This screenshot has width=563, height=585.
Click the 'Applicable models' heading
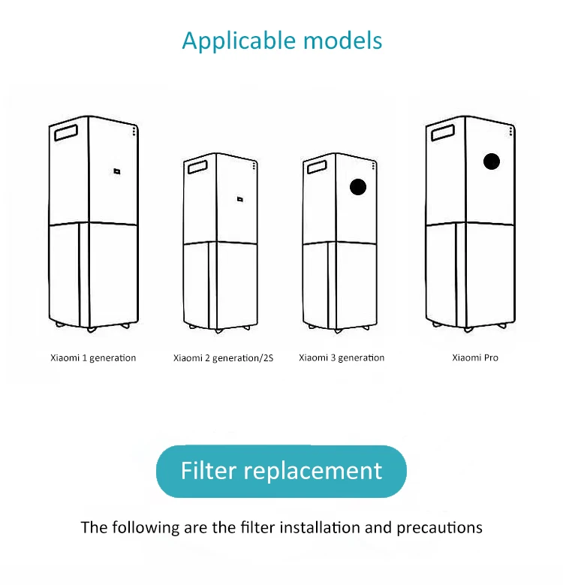point(281,40)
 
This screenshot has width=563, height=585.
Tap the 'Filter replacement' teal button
point(281,471)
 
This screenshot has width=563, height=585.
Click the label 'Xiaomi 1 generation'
point(92,357)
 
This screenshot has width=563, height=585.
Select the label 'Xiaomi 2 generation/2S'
point(223,358)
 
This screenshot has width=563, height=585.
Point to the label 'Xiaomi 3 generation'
point(342,357)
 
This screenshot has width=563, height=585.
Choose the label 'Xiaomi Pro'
point(475,357)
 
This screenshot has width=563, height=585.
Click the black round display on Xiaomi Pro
point(492,161)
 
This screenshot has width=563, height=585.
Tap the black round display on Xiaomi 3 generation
point(358,187)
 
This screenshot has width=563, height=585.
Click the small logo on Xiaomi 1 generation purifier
point(117,171)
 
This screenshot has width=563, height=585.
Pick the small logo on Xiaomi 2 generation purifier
point(239,199)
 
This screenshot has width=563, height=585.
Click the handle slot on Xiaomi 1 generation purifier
point(66,131)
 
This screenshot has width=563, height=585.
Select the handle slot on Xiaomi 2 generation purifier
point(197,166)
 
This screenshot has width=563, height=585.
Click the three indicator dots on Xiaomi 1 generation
point(134,131)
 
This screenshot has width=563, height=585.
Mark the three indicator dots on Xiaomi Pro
point(513,131)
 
